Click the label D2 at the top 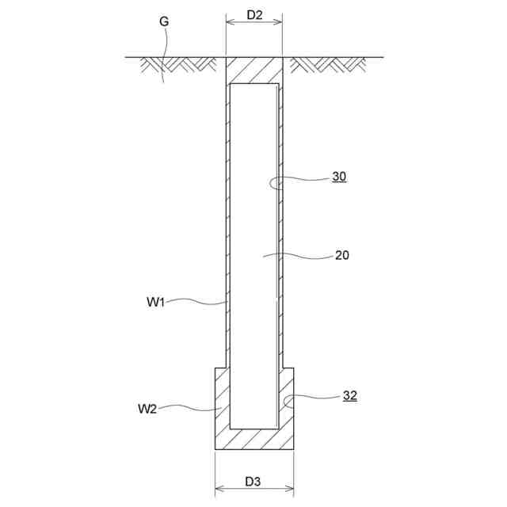pyautogui.click(x=254, y=15)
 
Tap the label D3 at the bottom pyautogui.click(x=253, y=482)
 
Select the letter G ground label pyautogui.click(x=164, y=21)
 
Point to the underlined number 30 pyautogui.click(x=339, y=177)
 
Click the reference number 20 pyautogui.click(x=341, y=255)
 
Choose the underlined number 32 pyautogui.click(x=350, y=396)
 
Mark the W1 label pyautogui.click(x=156, y=302)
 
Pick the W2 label pyautogui.click(x=147, y=409)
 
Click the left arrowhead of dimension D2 pyautogui.click(x=230, y=22)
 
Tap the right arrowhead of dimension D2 pyautogui.click(x=279, y=22)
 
